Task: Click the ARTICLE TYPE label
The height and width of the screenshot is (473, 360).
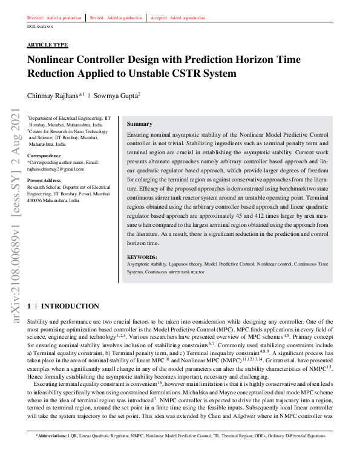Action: [x=48, y=45]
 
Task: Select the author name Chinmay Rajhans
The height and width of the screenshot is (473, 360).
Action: [x=53, y=96]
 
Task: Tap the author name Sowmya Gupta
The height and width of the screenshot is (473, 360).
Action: [x=117, y=96]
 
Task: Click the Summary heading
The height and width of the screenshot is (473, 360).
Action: [x=140, y=124]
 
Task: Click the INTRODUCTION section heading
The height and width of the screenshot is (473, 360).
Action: [x=70, y=307]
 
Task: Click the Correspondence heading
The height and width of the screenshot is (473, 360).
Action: [x=44, y=156]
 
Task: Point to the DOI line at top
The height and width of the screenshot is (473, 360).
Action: [x=40, y=27]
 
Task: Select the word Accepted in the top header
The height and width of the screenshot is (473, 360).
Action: [x=159, y=18]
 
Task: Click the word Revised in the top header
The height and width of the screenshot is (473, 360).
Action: [x=97, y=18]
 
